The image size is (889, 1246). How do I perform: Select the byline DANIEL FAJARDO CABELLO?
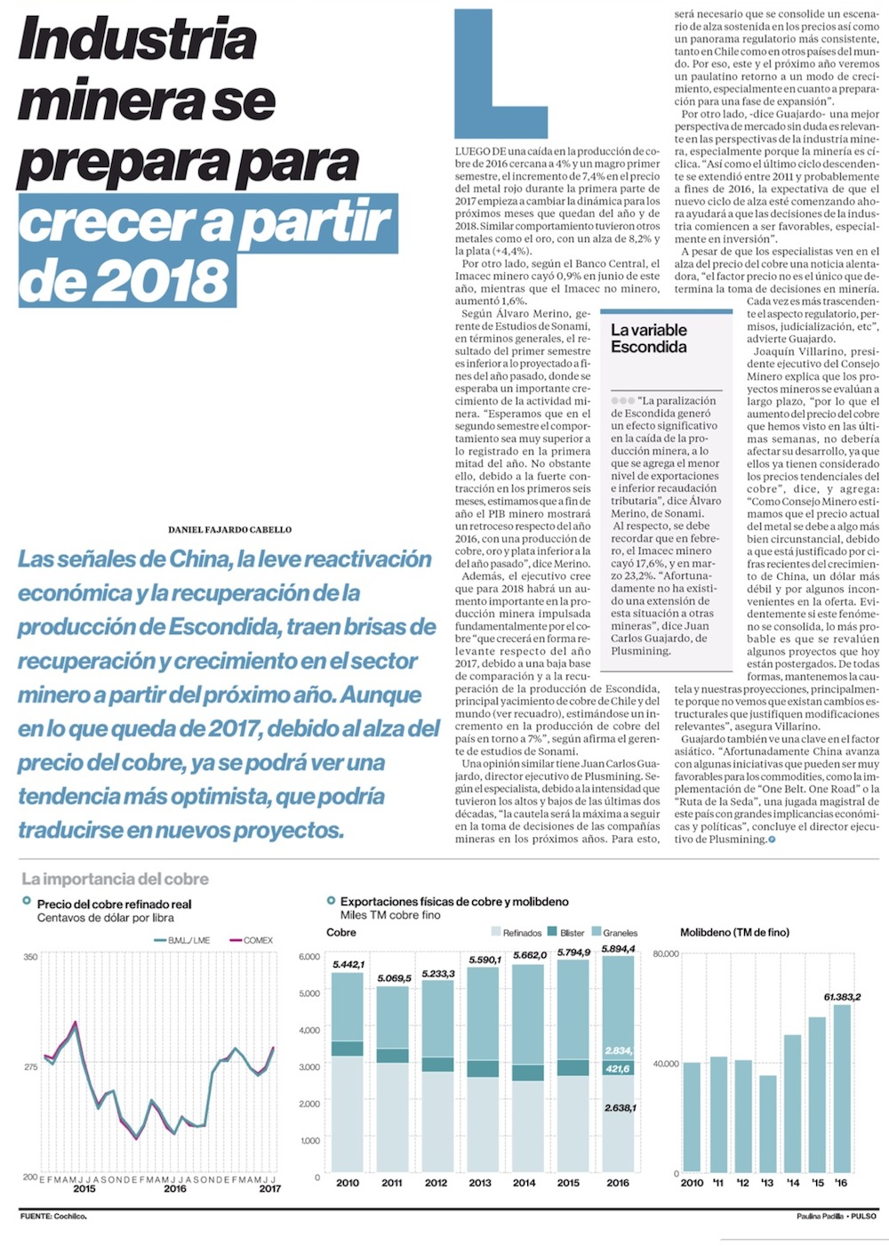pos(229,530)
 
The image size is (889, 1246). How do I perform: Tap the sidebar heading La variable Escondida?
pos(648,339)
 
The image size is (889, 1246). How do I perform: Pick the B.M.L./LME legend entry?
pos(182,940)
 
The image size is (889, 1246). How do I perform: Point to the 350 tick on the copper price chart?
pos(30,957)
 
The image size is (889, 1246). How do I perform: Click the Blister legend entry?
pos(566,933)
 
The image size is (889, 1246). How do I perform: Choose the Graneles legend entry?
pos(614,933)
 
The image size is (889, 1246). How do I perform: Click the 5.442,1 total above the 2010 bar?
pos(348,965)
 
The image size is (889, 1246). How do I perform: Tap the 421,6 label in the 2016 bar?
pos(617,1069)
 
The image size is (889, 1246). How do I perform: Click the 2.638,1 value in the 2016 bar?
pos(620,1108)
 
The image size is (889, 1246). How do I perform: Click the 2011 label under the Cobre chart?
pos(391,1183)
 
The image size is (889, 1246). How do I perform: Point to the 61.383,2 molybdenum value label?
pos(842,997)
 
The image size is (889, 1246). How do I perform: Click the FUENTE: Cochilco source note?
pos(53,1216)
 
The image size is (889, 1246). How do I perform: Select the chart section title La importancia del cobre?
pos(115,879)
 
